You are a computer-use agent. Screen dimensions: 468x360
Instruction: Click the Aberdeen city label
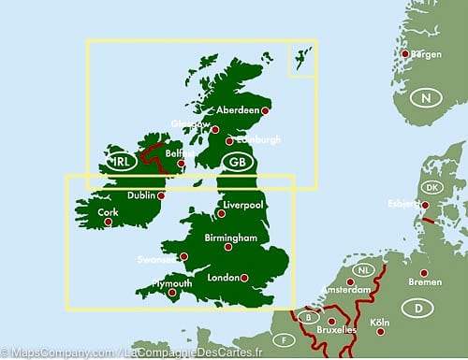(x=238, y=109)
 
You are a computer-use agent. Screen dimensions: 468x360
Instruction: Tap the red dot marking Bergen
(x=405, y=53)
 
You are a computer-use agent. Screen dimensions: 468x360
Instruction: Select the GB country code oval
(x=237, y=161)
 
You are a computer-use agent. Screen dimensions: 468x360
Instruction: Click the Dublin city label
(x=142, y=196)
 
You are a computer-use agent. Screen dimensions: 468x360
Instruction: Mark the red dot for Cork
(x=109, y=222)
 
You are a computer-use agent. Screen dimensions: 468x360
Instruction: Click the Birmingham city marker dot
(x=227, y=247)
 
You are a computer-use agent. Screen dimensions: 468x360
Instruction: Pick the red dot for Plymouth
(x=171, y=292)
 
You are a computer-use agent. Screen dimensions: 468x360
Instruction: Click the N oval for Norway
(x=427, y=98)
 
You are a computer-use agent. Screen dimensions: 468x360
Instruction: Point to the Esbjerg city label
(x=404, y=204)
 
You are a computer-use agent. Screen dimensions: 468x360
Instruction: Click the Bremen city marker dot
(x=423, y=272)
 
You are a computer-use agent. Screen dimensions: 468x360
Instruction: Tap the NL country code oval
(x=363, y=271)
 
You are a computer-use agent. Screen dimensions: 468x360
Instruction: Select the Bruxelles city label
(x=338, y=331)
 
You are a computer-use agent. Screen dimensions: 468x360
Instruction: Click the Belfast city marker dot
(x=181, y=162)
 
